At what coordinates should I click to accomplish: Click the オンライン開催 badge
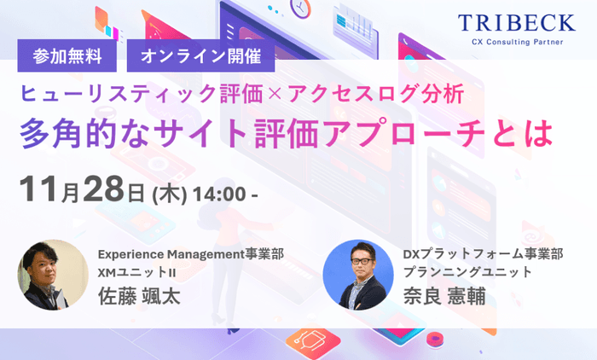click(200, 58)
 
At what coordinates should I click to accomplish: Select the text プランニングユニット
click(467, 273)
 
